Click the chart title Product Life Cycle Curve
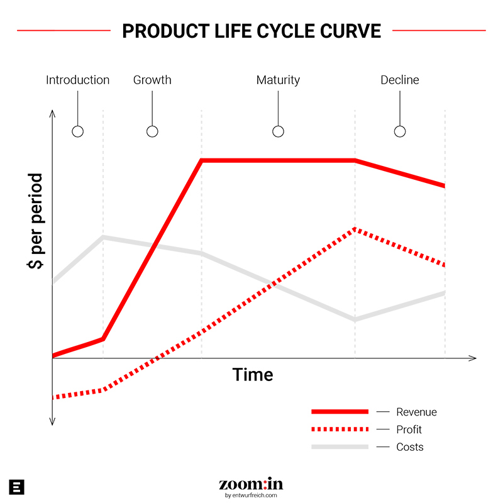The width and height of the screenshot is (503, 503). pos(251,30)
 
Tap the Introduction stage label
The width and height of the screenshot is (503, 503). pos(77,80)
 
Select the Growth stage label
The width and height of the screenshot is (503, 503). pos(152,80)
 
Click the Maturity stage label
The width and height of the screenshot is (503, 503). pos(278,80)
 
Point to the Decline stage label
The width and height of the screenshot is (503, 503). pos(400,80)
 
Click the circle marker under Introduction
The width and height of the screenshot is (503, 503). pos(77,131)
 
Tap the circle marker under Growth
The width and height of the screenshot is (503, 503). pos(152,131)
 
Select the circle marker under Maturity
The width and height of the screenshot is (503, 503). pos(278,131)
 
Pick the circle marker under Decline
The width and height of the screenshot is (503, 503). pos(400,131)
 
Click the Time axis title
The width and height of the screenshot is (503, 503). pos(253,375)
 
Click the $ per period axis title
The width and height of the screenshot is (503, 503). pos(35,221)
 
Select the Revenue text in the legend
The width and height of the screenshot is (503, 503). pos(416,412)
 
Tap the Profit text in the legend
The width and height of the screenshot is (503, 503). pos(409,430)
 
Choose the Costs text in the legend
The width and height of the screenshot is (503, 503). pos(410,448)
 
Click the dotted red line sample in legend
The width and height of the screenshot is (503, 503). pos(340,429)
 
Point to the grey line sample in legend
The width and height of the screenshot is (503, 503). pos(340,447)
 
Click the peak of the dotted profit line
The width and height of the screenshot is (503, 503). pos(355,229)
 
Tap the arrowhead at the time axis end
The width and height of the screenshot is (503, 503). pos(472,358)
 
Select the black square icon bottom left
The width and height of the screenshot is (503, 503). pos(18,487)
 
